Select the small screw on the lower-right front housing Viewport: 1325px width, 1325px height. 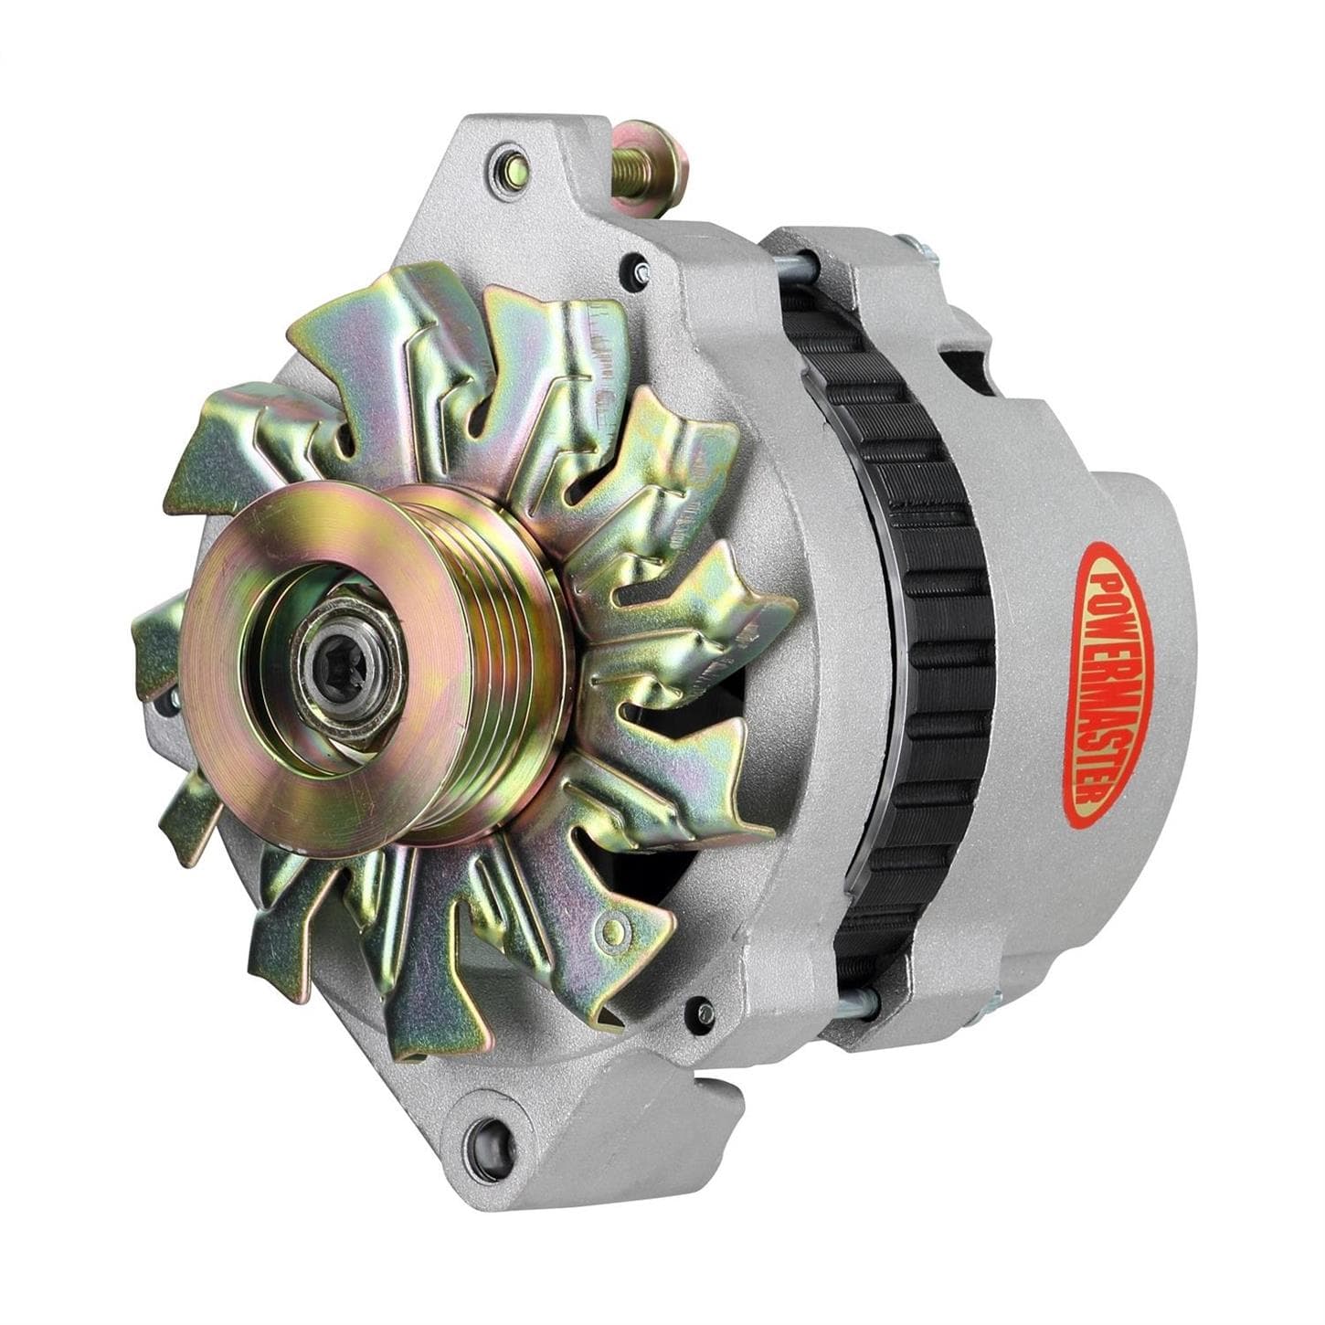[x=704, y=1012]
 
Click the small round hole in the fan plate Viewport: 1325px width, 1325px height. [x=621, y=930]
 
